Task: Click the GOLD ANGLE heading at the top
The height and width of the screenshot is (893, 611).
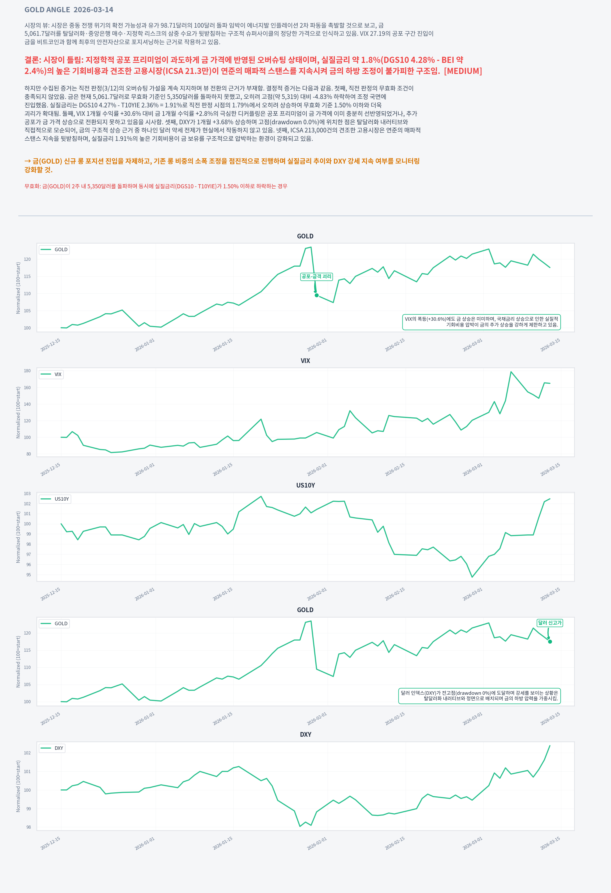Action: (69, 10)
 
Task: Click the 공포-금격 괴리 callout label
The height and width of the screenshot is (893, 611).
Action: (316, 277)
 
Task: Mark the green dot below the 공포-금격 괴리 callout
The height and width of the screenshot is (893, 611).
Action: (317, 295)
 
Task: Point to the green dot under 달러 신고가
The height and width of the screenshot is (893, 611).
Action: (550, 642)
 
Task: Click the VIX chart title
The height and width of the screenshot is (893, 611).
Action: (305, 361)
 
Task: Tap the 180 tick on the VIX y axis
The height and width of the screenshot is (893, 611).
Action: (27, 371)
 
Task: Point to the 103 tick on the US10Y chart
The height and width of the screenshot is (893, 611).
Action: (27, 494)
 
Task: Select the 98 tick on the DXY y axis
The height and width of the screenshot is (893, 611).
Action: (29, 827)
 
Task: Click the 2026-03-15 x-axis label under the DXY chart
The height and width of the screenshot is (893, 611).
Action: (550, 844)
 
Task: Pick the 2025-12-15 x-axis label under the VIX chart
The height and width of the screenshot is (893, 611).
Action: (50, 469)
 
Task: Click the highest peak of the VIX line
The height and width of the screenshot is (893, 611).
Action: (511, 372)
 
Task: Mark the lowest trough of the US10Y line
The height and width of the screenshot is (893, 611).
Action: (472, 577)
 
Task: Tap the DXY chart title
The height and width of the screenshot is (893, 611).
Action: (305, 735)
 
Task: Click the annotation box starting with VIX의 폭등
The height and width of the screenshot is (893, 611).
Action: (481, 322)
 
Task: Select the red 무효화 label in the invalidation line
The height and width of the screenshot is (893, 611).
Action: (32, 186)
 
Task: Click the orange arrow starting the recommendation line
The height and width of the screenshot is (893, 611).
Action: (28, 161)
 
